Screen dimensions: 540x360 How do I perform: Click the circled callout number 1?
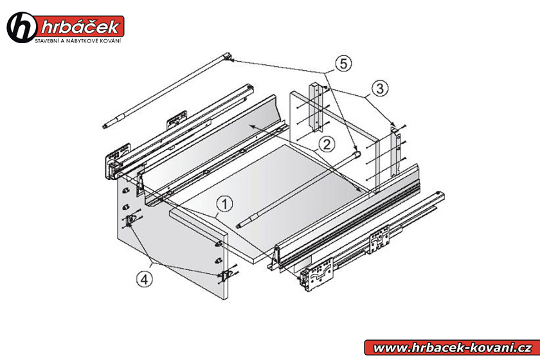point(224,204)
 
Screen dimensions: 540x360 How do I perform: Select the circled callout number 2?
point(327,144)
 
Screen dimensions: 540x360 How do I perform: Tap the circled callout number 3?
point(380,89)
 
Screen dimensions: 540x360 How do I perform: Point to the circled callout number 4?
point(144,279)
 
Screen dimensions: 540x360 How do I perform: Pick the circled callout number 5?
point(343,64)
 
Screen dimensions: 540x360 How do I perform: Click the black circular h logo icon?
point(21,28)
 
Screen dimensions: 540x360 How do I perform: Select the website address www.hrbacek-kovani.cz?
point(453,348)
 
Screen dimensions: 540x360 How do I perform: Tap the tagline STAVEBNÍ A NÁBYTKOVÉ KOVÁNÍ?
point(78,41)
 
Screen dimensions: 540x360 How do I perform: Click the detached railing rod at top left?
point(167,91)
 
